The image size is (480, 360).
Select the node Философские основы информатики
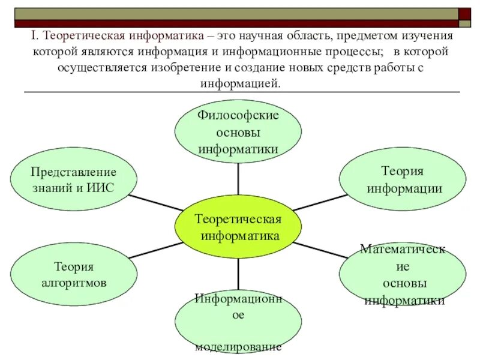point(238,131)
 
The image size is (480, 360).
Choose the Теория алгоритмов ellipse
point(73,274)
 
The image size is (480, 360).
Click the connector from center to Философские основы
point(239,179)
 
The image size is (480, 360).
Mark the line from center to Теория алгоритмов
point(156,250)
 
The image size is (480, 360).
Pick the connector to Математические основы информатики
point(322,251)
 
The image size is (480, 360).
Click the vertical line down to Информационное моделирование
point(239,276)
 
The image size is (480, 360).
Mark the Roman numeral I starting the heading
point(34,36)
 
